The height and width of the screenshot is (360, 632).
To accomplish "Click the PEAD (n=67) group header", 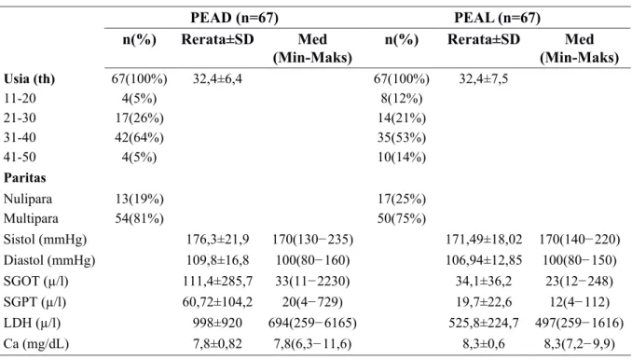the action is [x=234, y=18].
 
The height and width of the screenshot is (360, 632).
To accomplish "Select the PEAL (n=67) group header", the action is [x=497, y=18].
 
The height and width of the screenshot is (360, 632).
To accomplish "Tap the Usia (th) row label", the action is [x=30, y=78].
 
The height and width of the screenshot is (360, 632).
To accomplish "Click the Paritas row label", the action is [x=24, y=178].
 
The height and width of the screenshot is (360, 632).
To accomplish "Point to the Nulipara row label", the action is [x=28, y=199].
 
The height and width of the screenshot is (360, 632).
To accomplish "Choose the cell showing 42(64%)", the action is [x=139, y=137].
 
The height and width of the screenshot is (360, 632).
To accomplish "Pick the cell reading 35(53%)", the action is [x=402, y=137].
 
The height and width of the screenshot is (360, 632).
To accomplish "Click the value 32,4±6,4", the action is [x=217, y=78].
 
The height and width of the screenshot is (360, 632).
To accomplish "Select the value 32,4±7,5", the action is [x=484, y=78].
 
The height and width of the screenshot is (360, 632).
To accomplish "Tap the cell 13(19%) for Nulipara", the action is [x=139, y=199].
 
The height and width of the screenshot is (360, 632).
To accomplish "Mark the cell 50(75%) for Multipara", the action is [x=402, y=218].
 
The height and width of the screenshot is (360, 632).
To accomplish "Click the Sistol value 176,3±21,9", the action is [x=217, y=240].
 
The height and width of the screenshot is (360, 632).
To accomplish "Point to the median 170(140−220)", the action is [x=580, y=240].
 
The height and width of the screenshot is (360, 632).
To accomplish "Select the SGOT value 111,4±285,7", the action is [x=217, y=281].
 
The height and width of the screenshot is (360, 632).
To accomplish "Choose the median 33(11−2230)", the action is [x=312, y=281].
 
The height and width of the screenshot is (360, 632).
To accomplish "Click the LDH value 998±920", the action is [x=217, y=323].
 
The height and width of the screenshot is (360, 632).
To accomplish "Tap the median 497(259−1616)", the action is [x=580, y=323].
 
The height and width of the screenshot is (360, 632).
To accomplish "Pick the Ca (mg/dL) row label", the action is [x=36, y=344].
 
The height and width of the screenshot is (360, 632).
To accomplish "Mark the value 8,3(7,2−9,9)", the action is [x=580, y=344].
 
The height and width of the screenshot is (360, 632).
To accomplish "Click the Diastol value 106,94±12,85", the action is [x=484, y=260].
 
